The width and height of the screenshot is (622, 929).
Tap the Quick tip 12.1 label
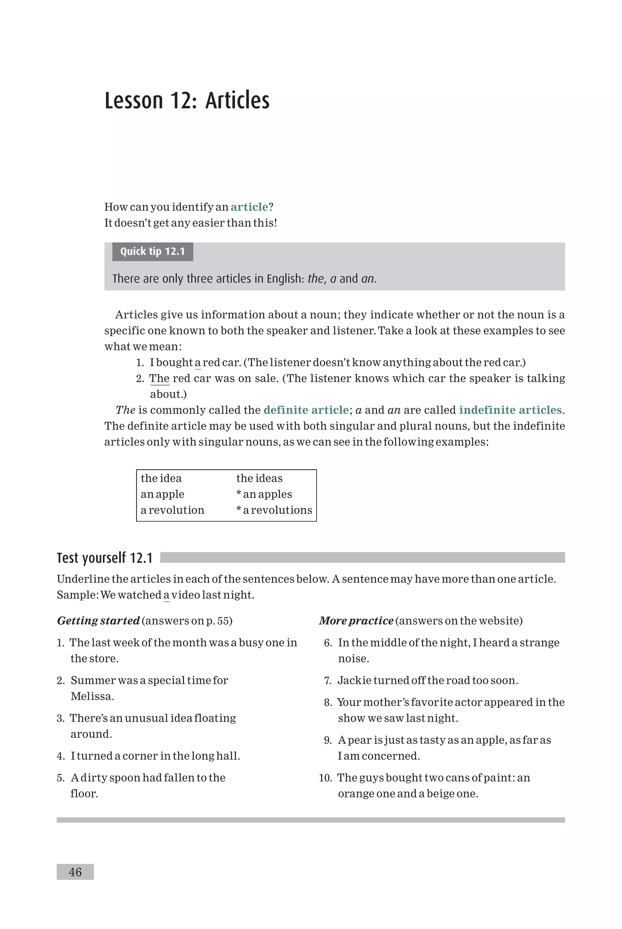pos(153,252)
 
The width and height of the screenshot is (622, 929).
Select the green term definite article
pos(306,410)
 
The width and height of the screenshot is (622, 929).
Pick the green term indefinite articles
pos(510,410)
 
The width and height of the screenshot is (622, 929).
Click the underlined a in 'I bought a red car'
pos(197,363)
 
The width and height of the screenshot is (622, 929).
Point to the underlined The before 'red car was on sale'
pos(159,379)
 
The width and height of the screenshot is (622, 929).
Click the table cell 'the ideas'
pos(259,478)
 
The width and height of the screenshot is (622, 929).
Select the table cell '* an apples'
pos(264,494)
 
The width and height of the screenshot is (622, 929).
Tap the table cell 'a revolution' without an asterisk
pos(173,510)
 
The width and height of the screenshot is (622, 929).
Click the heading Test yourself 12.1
pos(105,558)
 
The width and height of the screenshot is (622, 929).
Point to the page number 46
pos(75,872)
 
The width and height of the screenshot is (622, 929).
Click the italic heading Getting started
pos(98,621)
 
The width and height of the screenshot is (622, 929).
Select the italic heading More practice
pos(356,621)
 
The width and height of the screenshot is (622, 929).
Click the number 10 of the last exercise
pos(325,778)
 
